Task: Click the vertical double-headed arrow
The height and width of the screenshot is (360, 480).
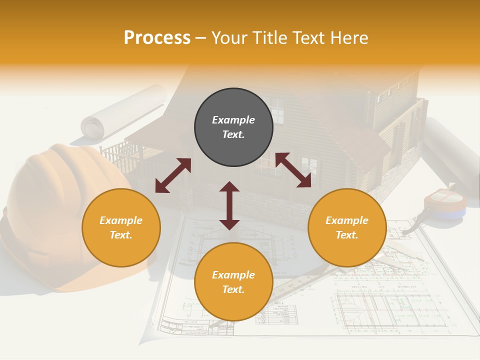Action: [229, 205]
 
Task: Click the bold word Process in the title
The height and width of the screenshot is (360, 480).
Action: [157, 38]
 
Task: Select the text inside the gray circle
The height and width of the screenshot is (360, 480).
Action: [233, 127]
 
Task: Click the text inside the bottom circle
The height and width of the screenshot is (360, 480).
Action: [233, 282]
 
